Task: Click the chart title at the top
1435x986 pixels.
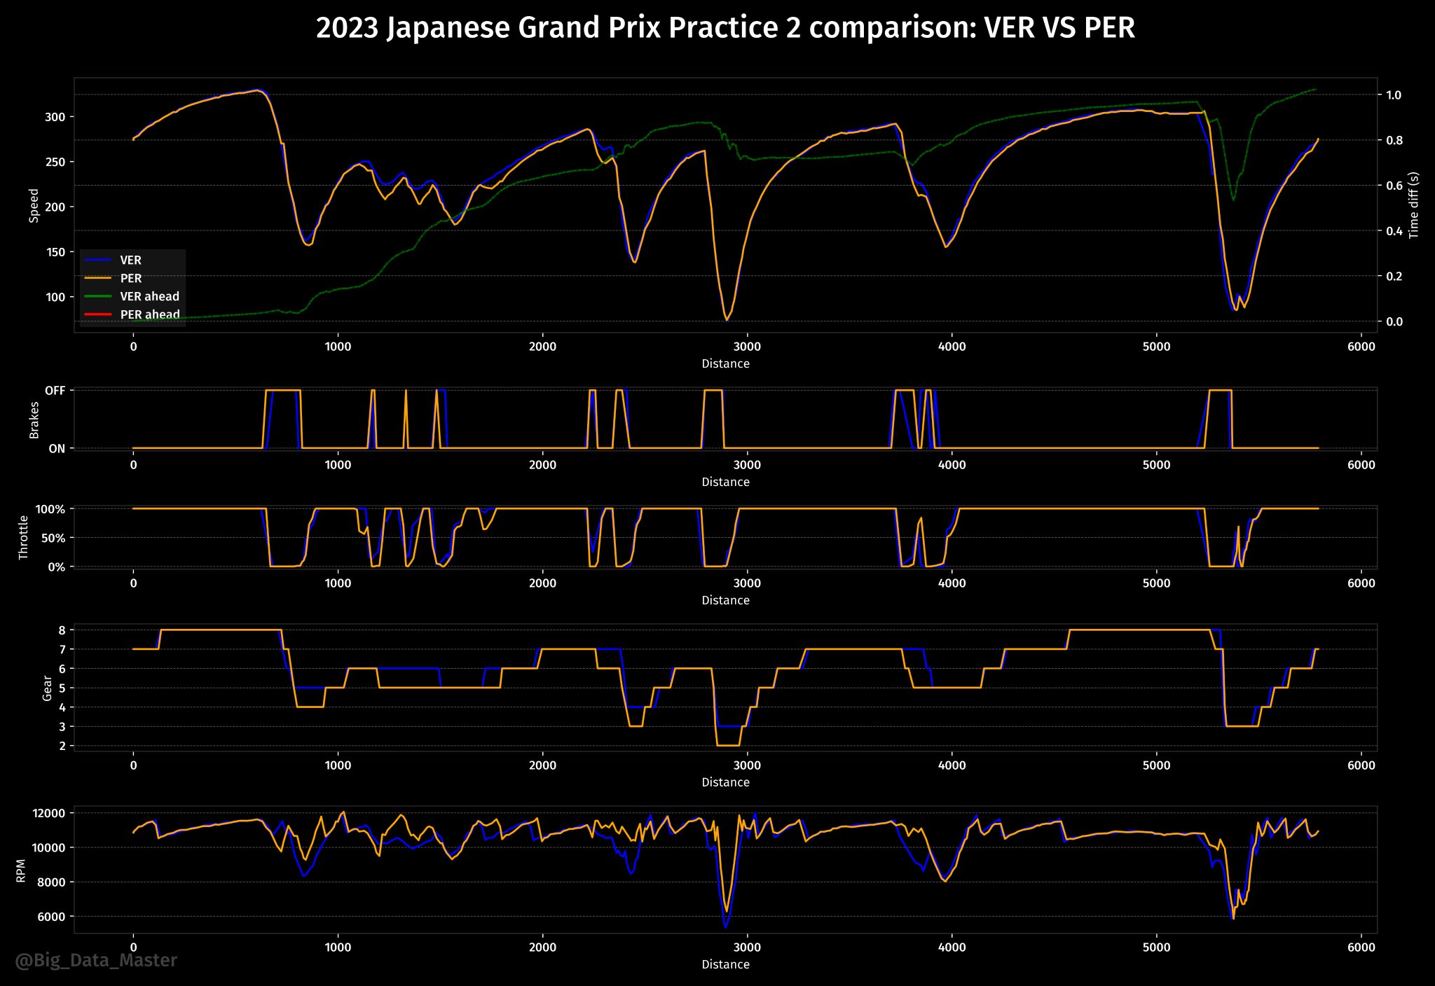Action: (725, 28)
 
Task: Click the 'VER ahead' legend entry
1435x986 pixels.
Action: (149, 296)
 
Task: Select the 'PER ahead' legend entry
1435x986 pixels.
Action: (149, 314)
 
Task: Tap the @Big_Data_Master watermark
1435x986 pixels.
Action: (96, 960)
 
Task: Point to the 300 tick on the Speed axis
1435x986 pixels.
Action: (55, 117)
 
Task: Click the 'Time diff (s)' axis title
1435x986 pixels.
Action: (1413, 205)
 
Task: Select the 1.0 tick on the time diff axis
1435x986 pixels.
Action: (1393, 95)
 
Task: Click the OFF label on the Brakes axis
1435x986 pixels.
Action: (55, 391)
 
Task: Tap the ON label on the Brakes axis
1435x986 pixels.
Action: (57, 449)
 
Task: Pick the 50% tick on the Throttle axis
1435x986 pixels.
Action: (51, 538)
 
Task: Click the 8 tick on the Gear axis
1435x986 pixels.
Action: (62, 630)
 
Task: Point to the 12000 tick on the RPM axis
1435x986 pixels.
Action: (49, 813)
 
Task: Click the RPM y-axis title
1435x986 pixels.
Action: (21, 870)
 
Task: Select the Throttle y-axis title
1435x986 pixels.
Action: (24, 537)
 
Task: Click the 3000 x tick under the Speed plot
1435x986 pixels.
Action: (747, 347)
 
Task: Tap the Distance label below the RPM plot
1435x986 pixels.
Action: (725, 964)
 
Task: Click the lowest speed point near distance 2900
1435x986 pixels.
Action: (726, 320)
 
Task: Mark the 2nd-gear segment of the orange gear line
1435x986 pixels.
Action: (728, 746)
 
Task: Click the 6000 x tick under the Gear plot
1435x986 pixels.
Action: (1361, 765)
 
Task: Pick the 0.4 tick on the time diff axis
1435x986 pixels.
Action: (1393, 231)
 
